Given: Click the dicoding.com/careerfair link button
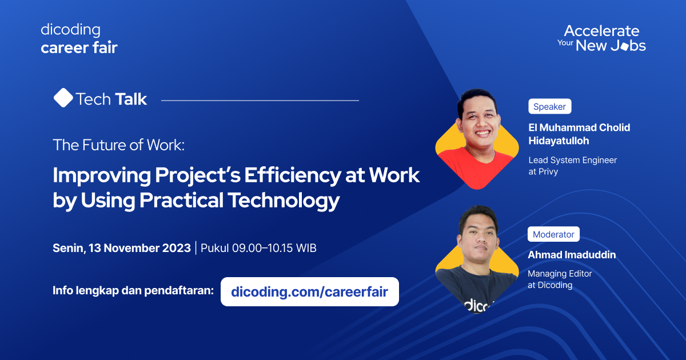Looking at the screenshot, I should coord(309,292).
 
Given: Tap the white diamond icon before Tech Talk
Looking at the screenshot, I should coord(63,98).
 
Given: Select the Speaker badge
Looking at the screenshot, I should coord(549,106).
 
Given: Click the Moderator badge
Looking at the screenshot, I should coord(553,234).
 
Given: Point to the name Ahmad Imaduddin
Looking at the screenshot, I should coord(572,255).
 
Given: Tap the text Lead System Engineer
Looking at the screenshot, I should coord(572,160).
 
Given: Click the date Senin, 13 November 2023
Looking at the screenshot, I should coord(122,248).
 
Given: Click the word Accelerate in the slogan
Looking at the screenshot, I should coord(601,31).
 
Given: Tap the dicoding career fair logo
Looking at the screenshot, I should coord(79,39).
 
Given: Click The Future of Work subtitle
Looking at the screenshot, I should coord(119,145).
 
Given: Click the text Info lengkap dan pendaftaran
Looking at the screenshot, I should coord(133,290).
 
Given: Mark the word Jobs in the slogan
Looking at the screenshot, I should coord(628,46).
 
